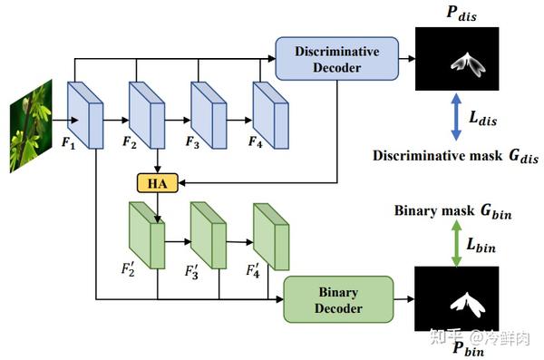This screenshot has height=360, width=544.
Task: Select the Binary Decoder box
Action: (x=339, y=299)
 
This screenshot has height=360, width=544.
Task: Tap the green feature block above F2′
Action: (x=146, y=234)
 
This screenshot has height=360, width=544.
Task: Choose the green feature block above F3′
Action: (x=207, y=234)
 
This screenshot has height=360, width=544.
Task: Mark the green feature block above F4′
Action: (x=268, y=234)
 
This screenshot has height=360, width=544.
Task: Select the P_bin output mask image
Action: (x=458, y=300)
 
